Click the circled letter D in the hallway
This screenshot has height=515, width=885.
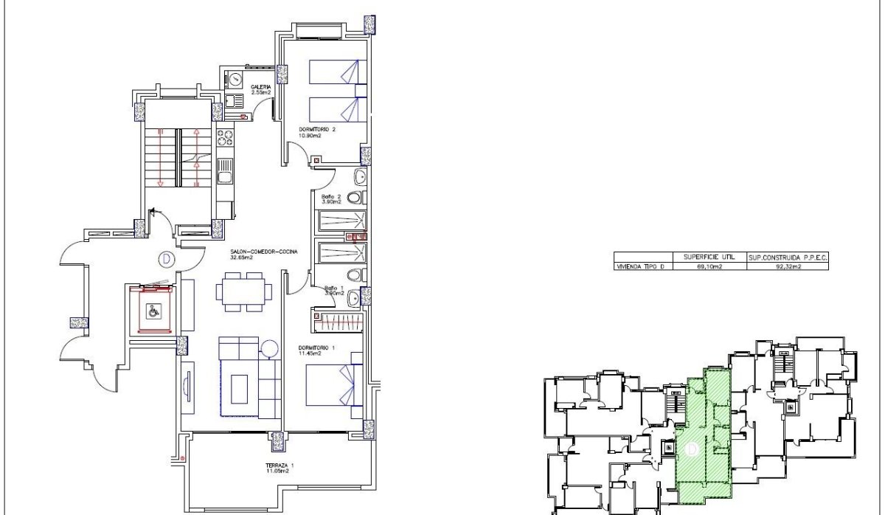[x=166, y=259]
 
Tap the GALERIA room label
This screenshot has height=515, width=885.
[x=261, y=87]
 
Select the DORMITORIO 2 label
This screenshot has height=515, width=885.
[x=317, y=129]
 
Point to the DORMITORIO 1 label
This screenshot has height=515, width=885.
[x=316, y=348]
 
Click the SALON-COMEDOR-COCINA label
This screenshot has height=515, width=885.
[x=263, y=252]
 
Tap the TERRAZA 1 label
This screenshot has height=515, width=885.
[x=280, y=465]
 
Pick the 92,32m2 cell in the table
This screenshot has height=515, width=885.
[x=786, y=267]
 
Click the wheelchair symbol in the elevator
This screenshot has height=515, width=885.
[x=153, y=311]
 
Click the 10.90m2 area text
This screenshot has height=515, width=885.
[x=310, y=136]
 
